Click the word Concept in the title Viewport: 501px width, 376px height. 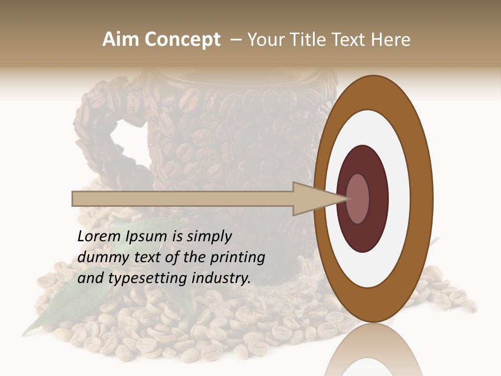pos(183,40)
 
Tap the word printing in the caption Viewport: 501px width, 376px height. pos(237,258)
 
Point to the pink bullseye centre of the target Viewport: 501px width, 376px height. pos(358,198)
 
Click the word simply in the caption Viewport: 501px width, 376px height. pos(208,237)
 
